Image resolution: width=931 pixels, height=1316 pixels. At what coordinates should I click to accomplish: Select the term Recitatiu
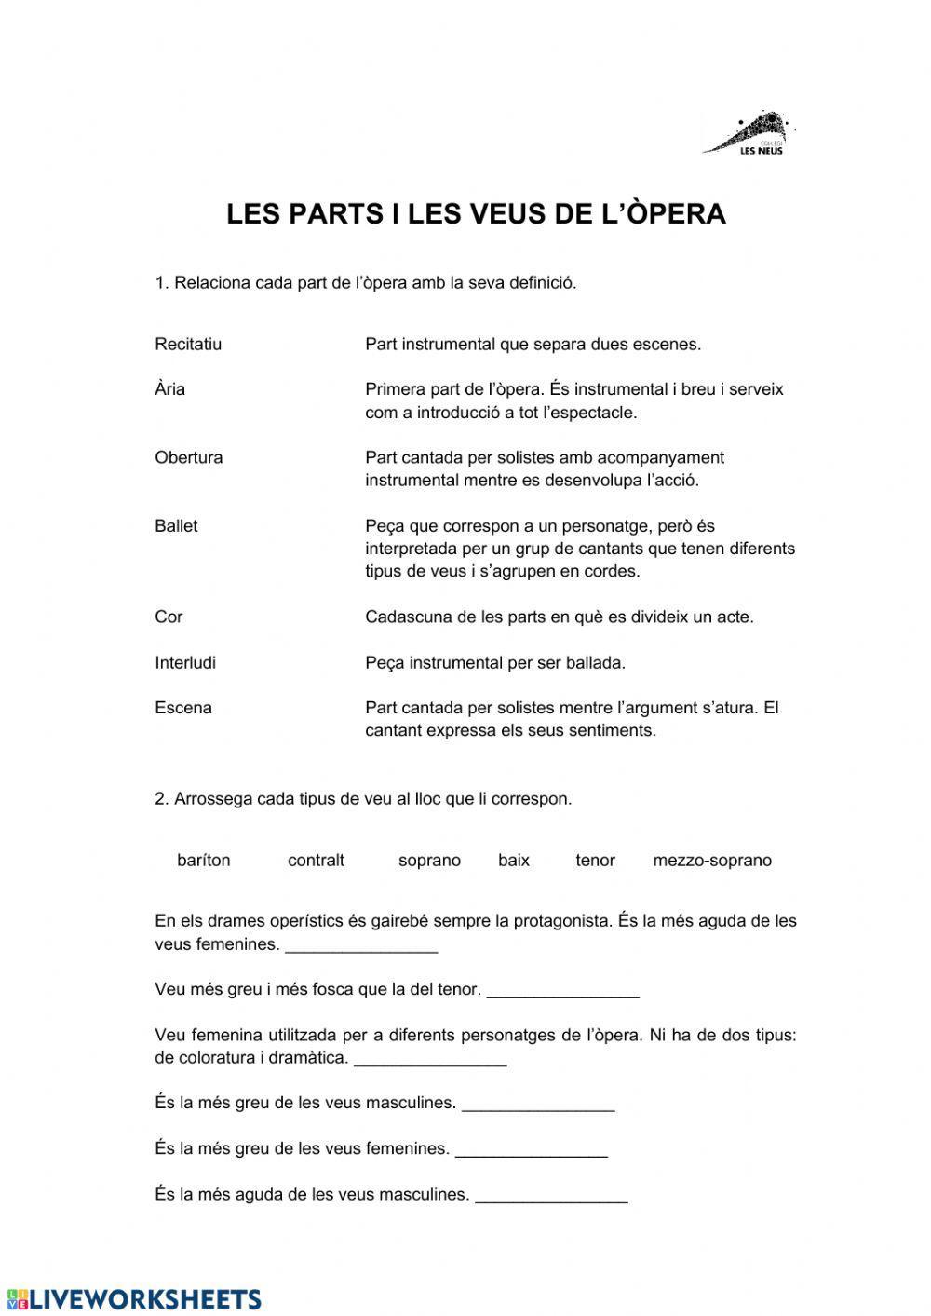click(188, 345)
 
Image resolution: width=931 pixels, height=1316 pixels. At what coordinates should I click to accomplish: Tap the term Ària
click(169, 389)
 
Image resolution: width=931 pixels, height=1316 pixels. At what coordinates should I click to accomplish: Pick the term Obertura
click(188, 457)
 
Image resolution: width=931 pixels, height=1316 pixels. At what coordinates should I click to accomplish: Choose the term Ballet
click(176, 526)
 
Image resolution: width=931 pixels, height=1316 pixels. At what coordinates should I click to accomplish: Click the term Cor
click(169, 617)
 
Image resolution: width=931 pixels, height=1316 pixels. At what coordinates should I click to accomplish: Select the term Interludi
click(185, 663)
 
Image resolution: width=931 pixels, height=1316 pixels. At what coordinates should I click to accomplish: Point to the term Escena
click(183, 708)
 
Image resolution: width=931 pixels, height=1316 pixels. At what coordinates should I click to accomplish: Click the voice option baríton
click(203, 861)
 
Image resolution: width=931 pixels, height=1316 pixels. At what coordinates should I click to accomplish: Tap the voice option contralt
click(316, 861)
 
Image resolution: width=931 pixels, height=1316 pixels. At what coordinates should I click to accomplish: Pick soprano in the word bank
click(429, 861)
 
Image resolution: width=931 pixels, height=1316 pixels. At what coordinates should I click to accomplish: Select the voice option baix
click(513, 861)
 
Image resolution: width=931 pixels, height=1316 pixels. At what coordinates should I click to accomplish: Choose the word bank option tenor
click(595, 861)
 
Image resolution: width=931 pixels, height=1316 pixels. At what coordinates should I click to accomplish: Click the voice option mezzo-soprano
click(712, 861)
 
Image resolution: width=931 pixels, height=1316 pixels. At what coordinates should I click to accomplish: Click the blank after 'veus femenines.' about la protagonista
click(361, 945)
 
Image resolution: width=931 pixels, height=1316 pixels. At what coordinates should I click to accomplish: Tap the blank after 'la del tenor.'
click(562, 991)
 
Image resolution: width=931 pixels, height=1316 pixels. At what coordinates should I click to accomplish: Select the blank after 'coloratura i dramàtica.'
click(430, 1059)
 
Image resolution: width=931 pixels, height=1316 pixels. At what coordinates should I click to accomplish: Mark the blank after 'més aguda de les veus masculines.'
click(551, 1195)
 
